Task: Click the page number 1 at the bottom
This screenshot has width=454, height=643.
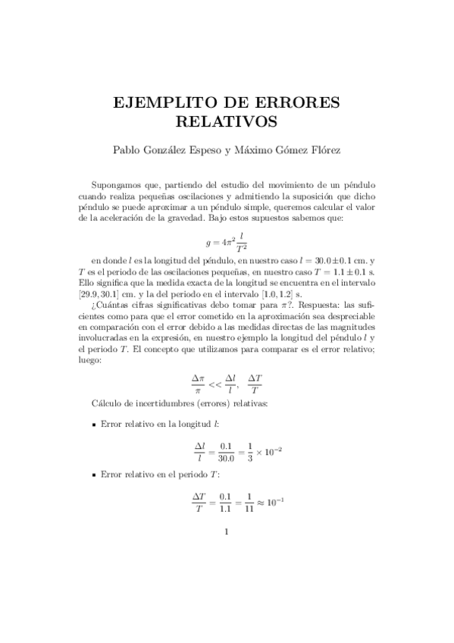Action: [227, 531]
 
